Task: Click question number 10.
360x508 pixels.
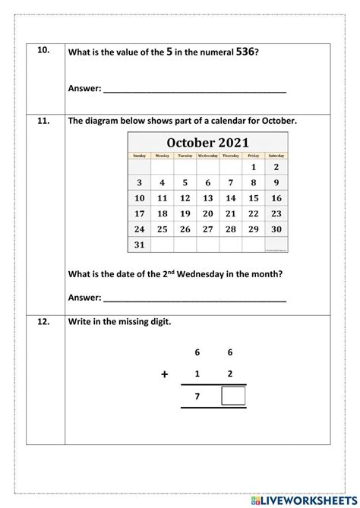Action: pos(43,51)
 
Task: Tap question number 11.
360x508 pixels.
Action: pos(43,120)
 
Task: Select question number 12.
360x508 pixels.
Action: pos(43,321)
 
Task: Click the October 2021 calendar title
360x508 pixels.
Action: pos(207,143)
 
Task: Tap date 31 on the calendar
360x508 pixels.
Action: pos(139,245)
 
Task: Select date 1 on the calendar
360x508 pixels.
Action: pos(253,167)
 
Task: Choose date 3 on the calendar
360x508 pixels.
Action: pos(139,183)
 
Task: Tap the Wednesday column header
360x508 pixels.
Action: pos(207,156)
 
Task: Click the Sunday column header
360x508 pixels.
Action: pos(139,156)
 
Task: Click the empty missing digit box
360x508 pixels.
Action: pos(233,397)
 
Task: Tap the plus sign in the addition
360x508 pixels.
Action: pos(164,374)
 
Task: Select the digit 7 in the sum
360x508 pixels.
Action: pos(197,397)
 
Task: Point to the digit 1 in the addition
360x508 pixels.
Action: pos(197,374)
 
